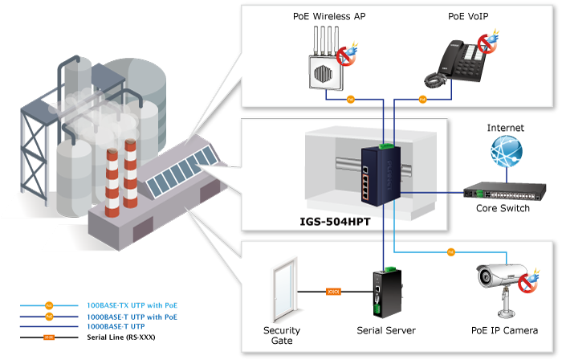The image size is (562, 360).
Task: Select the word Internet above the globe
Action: (505, 128)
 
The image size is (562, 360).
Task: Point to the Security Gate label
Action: (282, 335)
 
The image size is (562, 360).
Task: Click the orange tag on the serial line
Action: (333, 291)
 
